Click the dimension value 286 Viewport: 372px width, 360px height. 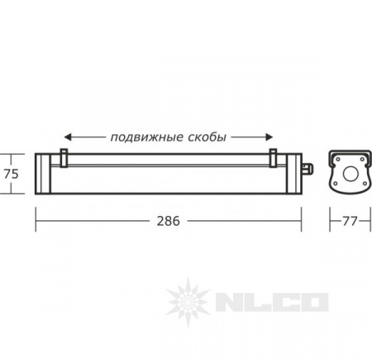(x=169, y=221)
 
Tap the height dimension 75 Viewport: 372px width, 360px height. (x=12, y=174)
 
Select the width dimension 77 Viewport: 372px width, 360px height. (x=350, y=221)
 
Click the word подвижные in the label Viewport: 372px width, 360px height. (x=146, y=137)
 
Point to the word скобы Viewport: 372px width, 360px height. (x=207, y=137)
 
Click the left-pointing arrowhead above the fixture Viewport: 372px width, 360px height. (x=68, y=137)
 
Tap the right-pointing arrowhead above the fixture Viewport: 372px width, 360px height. (x=269, y=137)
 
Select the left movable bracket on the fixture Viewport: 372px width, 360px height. (x=64, y=158)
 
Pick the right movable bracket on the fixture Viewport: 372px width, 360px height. (x=273, y=158)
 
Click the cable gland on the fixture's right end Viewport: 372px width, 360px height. (x=307, y=169)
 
